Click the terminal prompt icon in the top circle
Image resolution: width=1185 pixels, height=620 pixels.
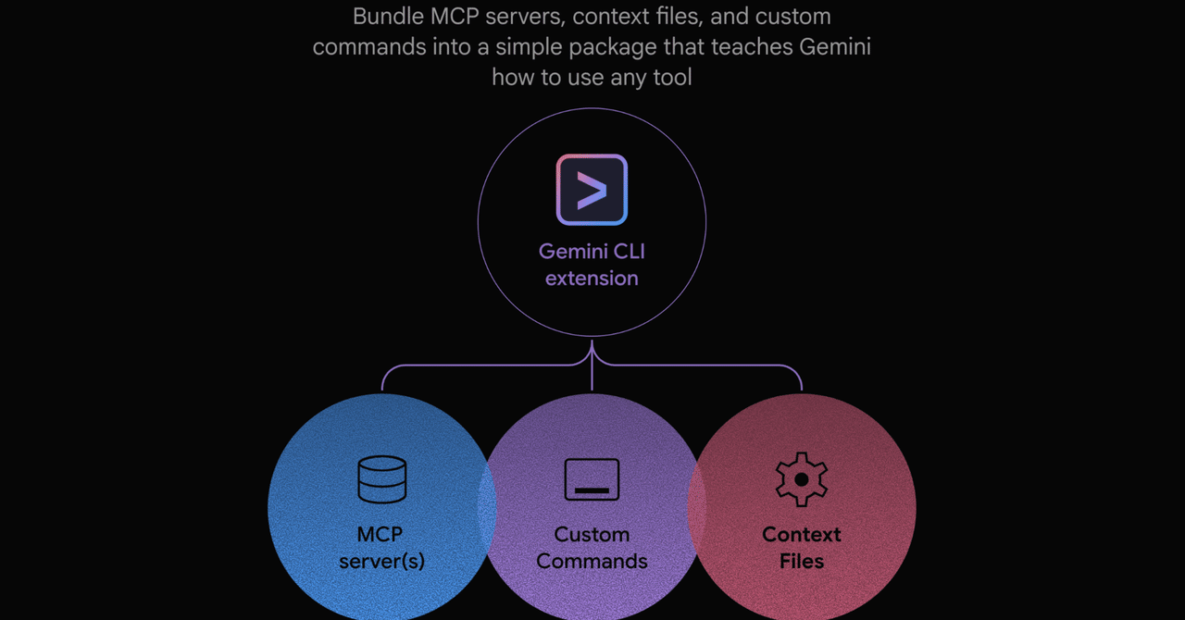(x=592, y=190)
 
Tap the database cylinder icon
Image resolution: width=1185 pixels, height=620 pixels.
(x=382, y=479)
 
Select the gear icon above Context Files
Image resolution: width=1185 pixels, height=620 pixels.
(x=802, y=479)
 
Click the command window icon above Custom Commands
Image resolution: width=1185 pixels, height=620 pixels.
(x=592, y=479)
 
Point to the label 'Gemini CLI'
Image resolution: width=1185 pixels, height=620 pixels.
(x=592, y=252)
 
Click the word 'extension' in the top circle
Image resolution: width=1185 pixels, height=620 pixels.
(x=592, y=279)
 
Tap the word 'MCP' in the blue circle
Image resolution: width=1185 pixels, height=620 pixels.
(x=380, y=534)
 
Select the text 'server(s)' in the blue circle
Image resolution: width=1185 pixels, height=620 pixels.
(x=382, y=562)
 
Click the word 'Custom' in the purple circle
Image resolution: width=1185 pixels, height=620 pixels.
(x=592, y=534)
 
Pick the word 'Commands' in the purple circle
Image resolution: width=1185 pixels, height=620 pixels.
(x=592, y=562)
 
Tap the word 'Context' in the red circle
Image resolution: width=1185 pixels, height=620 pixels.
(x=802, y=534)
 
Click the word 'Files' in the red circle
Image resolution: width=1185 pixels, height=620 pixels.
(x=802, y=562)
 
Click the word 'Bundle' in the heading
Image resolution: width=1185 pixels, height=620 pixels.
(x=388, y=17)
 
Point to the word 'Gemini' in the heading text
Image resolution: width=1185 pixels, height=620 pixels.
(x=835, y=46)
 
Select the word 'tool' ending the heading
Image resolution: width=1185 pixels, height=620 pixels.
(x=672, y=77)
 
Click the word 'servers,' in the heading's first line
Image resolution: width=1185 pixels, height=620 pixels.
(x=525, y=17)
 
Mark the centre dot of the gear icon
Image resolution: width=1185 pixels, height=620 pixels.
(x=802, y=479)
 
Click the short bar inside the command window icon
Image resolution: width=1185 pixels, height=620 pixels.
(x=592, y=490)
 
